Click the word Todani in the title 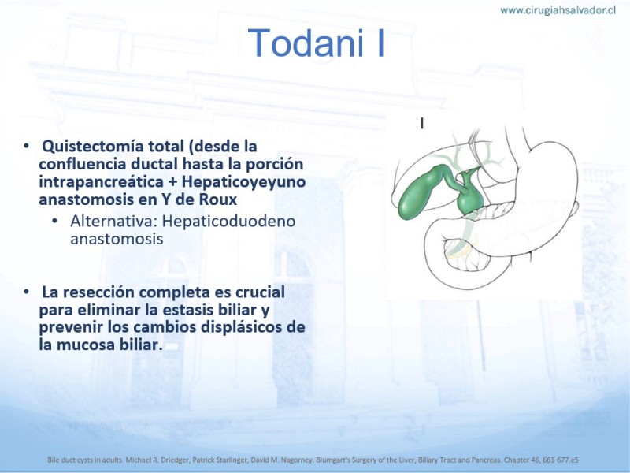click(307, 43)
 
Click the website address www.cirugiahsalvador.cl click(558, 10)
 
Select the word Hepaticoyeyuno click(243, 182)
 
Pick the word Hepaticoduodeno click(229, 222)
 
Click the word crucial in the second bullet click(260, 292)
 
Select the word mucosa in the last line click(86, 345)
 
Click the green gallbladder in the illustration click(423, 192)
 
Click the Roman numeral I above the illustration click(422, 124)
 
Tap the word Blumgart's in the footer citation click(331, 460)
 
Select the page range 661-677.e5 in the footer click(561, 460)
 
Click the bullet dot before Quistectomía click(27, 146)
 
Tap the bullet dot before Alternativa click(54, 221)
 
